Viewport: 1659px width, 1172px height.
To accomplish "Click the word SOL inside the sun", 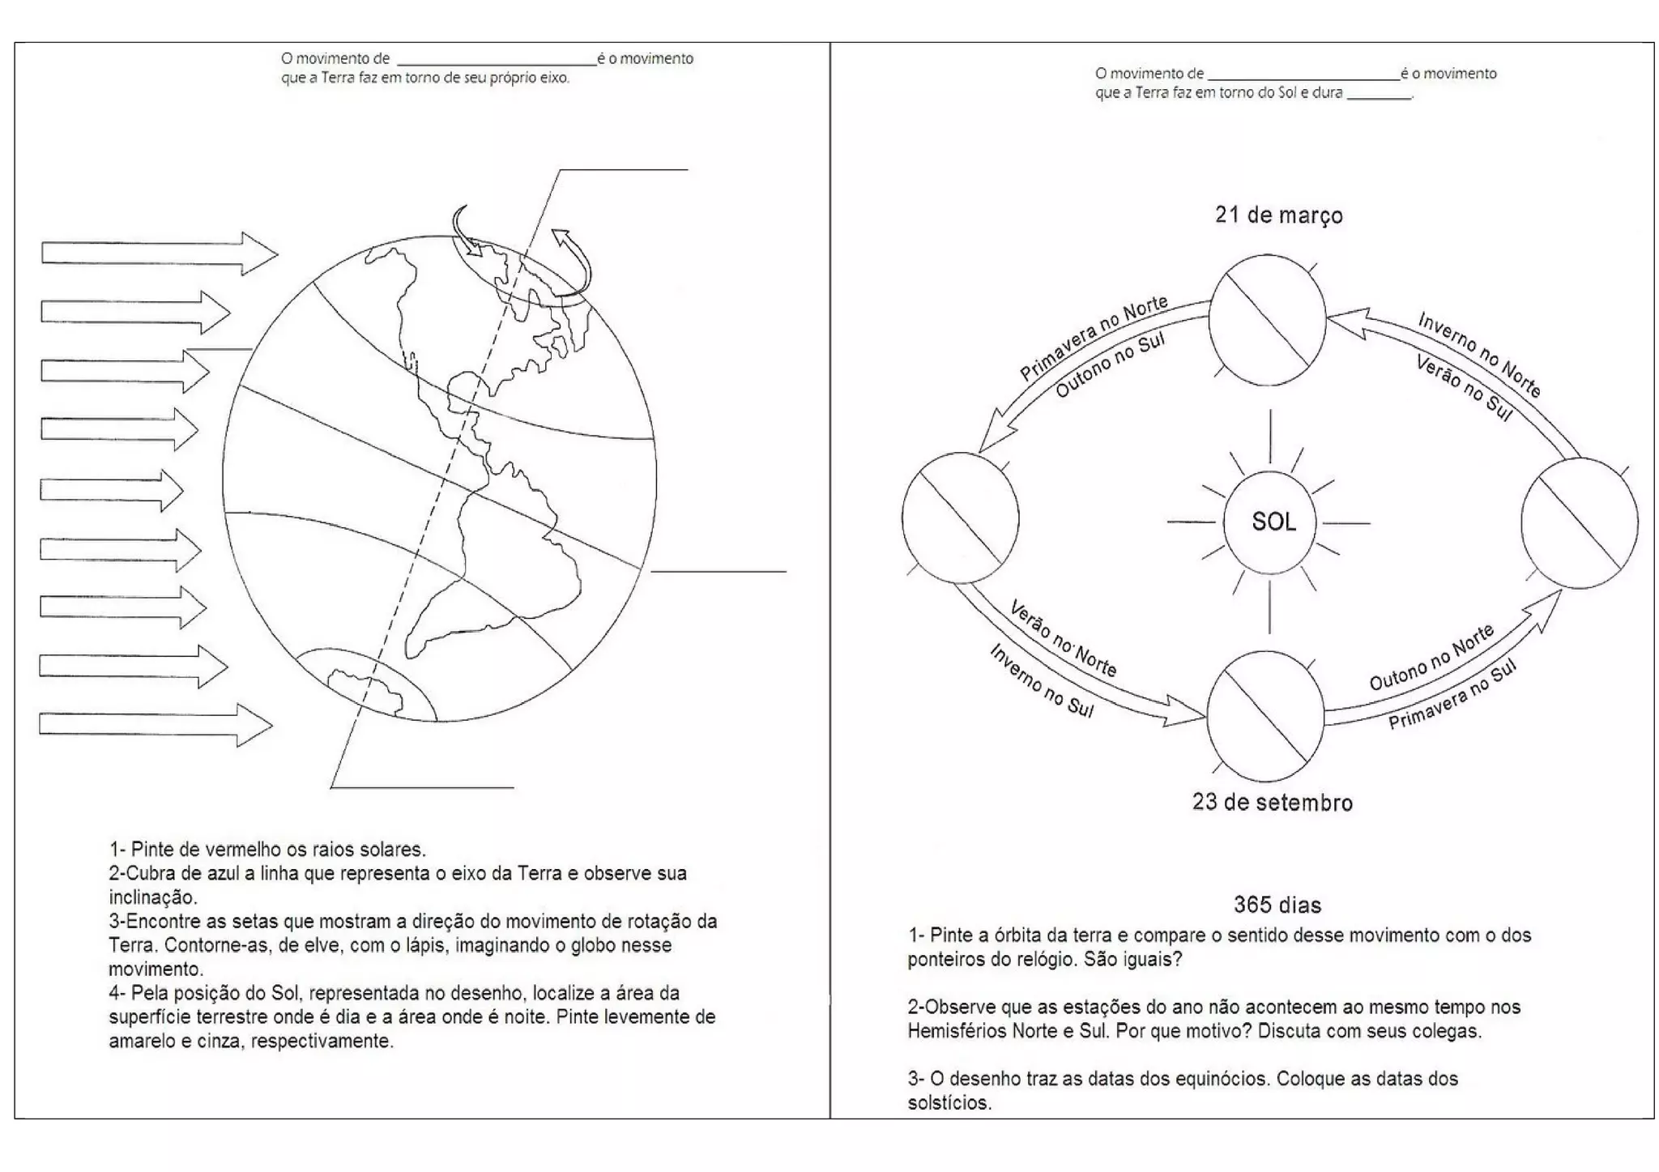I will (x=1273, y=522).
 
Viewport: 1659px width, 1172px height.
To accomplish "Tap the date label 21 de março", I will (x=1278, y=215).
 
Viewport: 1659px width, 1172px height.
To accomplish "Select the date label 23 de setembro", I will (x=1272, y=803).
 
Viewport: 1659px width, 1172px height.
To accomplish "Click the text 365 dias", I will (x=1277, y=905).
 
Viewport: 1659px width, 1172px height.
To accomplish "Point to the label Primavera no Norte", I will (x=1093, y=337).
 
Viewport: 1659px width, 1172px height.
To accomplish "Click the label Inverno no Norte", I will (x=1478, y=355).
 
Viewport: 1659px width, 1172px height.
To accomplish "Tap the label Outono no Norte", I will (x=1431, y=658).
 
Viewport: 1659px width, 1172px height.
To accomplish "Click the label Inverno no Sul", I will (x=1042, y=680).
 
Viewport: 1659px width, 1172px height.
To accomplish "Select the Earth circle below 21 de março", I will (x=1267, y=320).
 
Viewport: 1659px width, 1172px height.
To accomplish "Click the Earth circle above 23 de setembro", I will (x=1265, y=716).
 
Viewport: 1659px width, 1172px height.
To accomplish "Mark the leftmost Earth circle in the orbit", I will (x=960, y=518).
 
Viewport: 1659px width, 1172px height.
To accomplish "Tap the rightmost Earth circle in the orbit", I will (x=1579, y=522).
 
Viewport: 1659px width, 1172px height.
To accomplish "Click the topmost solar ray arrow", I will (x=159, y=253).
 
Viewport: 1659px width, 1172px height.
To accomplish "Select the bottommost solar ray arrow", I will (x=155, y=724).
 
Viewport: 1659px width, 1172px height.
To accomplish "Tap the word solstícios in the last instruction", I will (x=949, y=1103).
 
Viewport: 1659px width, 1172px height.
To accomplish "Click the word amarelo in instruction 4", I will (x=149, y=1041).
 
